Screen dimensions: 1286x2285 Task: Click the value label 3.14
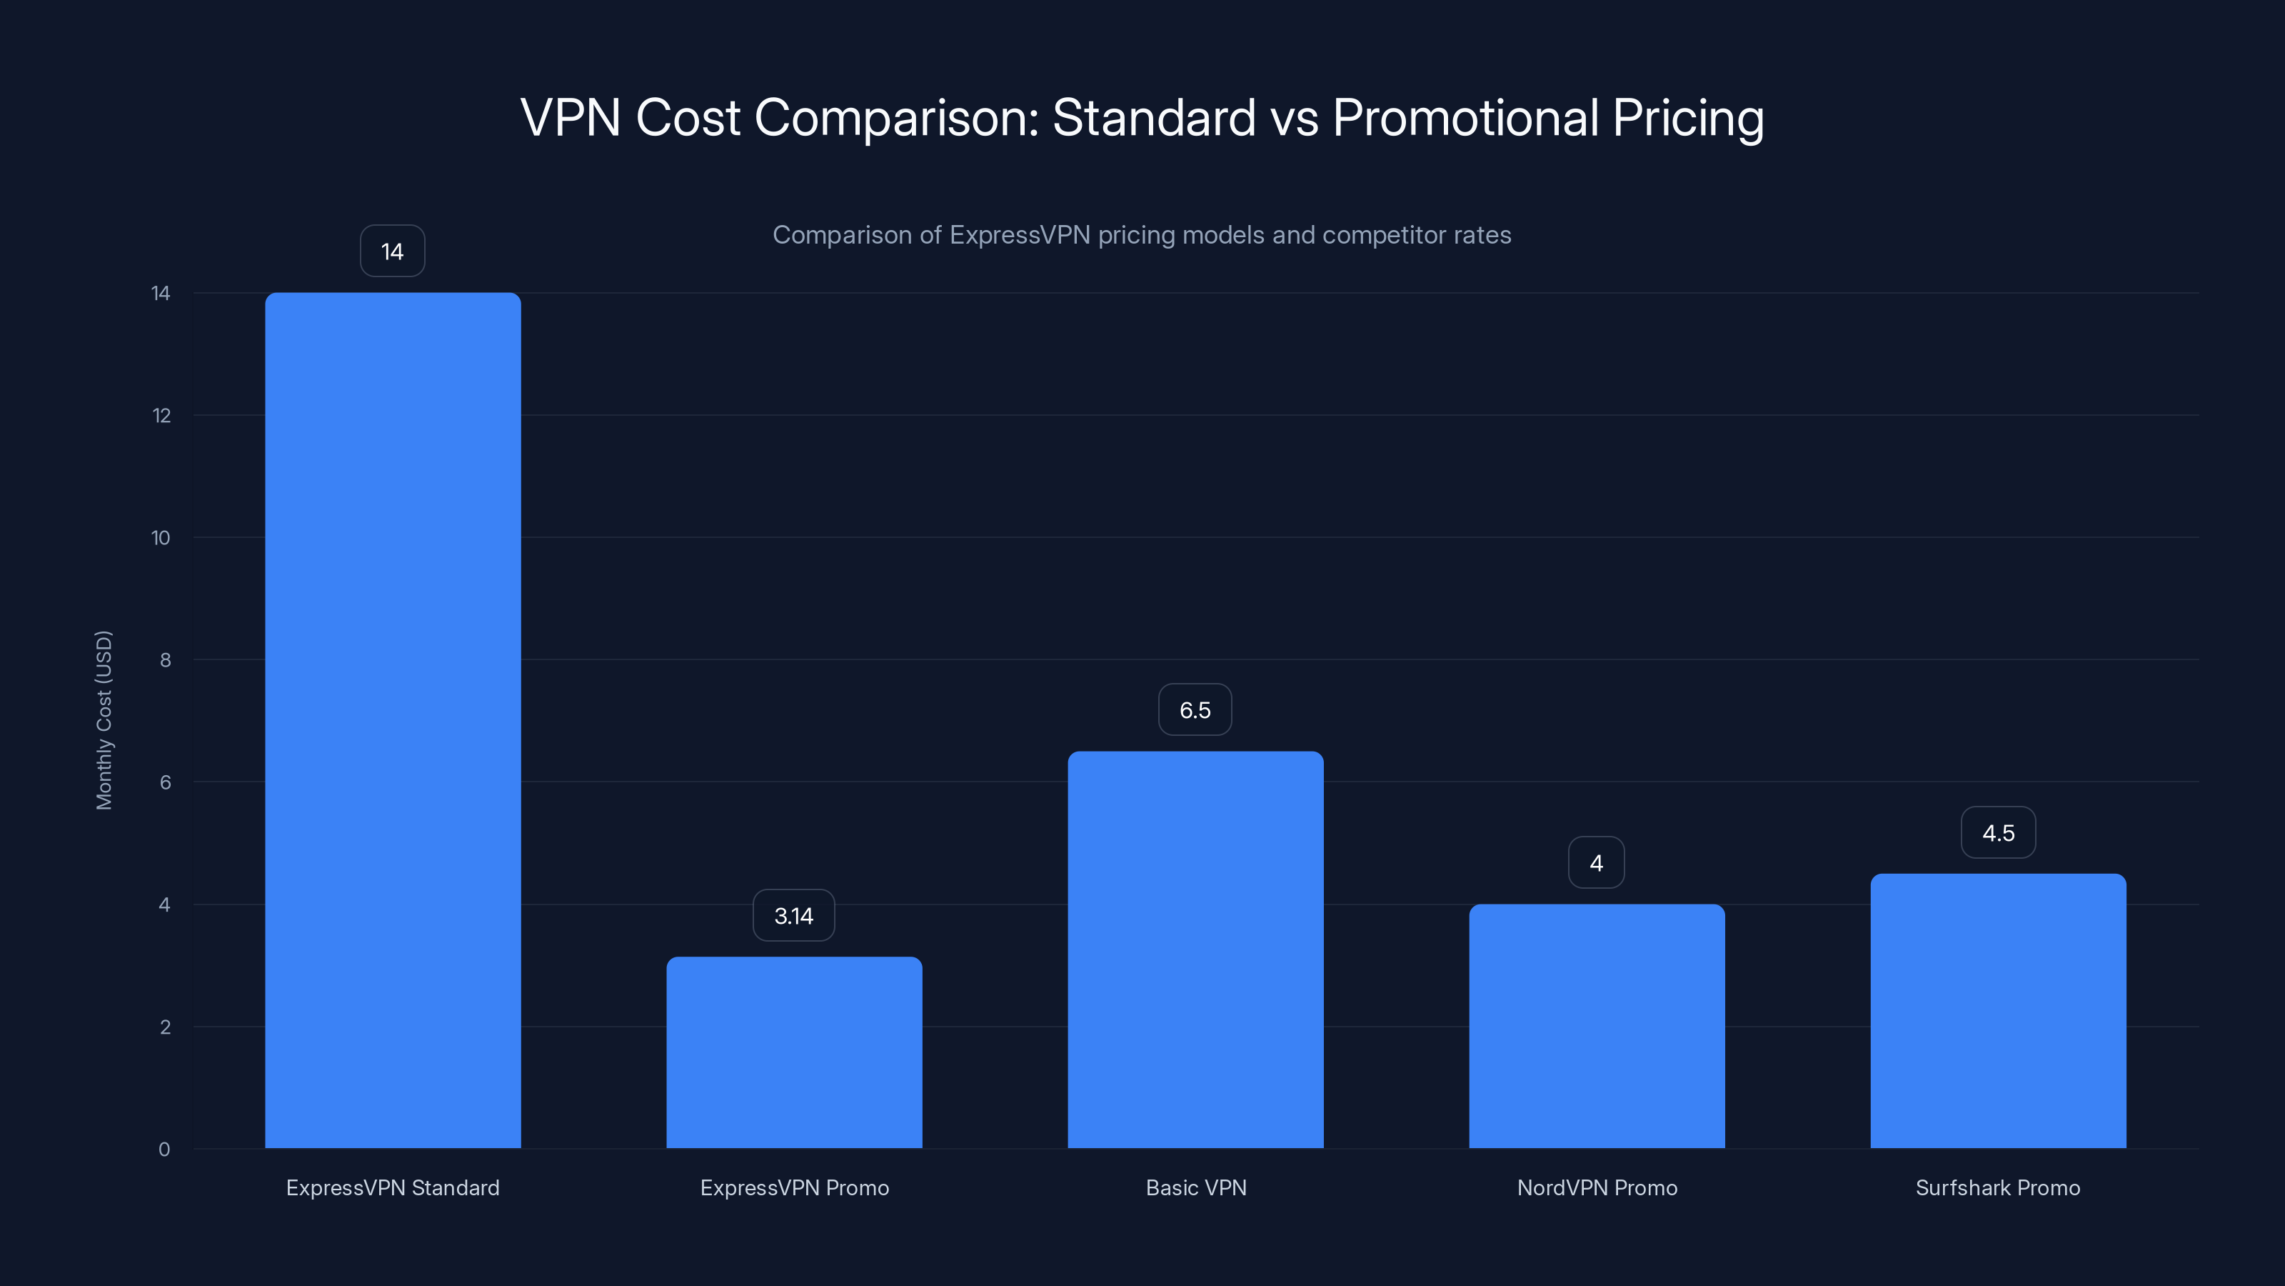pyautogui.click(x=793, y=915)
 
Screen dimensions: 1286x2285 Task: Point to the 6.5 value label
pyautogui.click(x=1195, y=709)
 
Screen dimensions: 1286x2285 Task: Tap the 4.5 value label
pyautogui.click(x=1998, y=832)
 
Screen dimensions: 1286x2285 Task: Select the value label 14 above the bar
pyautogui.click(x=392, y=251)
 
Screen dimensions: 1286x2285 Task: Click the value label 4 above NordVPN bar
pyautogui.click(x=1596, y=862)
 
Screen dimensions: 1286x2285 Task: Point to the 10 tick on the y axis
pyautogui.click(x=161, y=538)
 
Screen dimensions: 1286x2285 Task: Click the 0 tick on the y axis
pyautogui.click(x=164, y=1150)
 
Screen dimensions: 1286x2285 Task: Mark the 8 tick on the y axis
pyautogui.click(x=165, y=660)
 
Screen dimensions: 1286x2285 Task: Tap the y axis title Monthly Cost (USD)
pyautogui.click(x=104, y=719)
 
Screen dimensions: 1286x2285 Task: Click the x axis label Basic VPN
pyautogui.click(x=1196, y=1187)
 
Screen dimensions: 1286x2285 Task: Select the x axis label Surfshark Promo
pyautogui.click(x=1998, y=1187)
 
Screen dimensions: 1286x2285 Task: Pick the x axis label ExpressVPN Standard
pyautogui.click(x=392, y=1187)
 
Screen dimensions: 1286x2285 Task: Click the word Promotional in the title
pyautogui.click(x=1465, y=117)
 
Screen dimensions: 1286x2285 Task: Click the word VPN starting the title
pyautogui.click(x=570, y=117)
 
